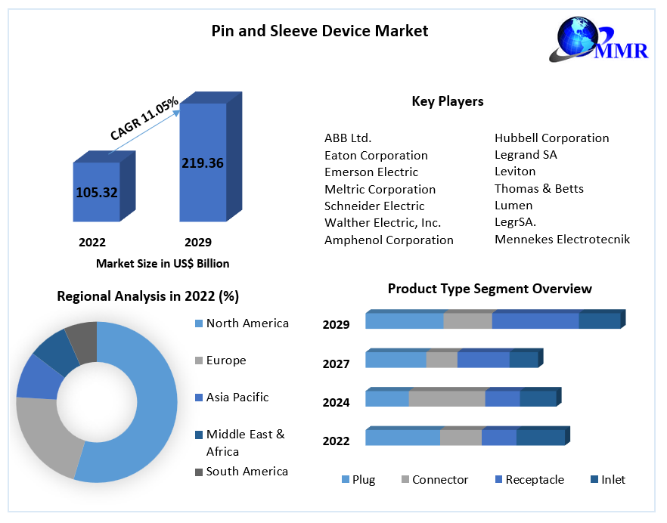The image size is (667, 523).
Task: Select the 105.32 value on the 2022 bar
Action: (x=97, y=192)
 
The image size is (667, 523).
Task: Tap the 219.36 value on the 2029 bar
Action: (x=203, y=162)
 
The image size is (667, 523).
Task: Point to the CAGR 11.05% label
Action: (x=144, y=118)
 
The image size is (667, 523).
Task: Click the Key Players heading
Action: (x=448, y=101)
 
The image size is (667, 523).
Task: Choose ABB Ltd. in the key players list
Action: (x=348, y=138)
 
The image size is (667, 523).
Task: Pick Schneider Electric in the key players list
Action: (x=374, y=206)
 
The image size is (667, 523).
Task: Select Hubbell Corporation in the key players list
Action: (x=551, y=138)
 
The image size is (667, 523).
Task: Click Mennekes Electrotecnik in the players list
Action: (x=562, y=239)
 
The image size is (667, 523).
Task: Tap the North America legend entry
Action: (x=247, y=323)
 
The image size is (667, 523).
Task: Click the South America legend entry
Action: (x=247, y=472)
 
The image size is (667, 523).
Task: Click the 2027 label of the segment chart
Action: (x=336, y=364)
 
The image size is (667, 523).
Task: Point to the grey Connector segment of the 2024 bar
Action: (x=447, y=398)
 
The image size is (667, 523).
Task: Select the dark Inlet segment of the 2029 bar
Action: (x=600, y=320)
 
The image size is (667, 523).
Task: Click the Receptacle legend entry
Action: (x=534, y=480)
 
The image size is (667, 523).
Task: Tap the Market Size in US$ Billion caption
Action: (x=163, y=264)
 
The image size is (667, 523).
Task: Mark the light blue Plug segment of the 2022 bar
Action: (x=402, y=438)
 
